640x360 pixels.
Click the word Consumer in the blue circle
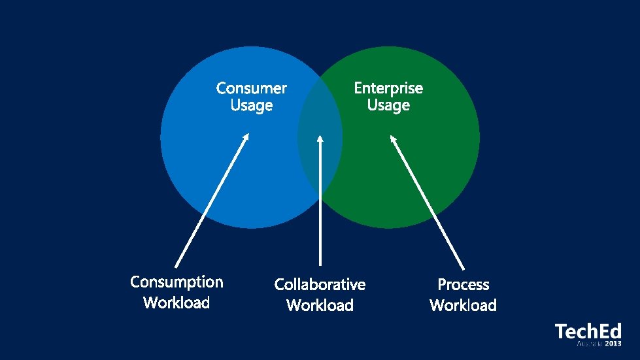(x=251, y=88)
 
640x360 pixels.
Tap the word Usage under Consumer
(x=251, y=105)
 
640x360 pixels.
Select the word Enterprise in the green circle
(x=388, y=88)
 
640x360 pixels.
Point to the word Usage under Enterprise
(x=388, y=105)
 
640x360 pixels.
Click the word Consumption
(x=177, y=282)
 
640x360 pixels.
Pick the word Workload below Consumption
(x=177, y=303)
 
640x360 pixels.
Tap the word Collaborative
(x=320, y=284)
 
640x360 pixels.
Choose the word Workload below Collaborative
(x=320, y=305)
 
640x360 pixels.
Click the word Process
(x=463, y=284)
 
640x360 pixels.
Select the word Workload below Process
(x=463, y=305)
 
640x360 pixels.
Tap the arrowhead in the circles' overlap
(x=320, y=139)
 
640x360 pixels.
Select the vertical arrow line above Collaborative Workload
(x=320, y=209)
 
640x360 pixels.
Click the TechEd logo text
(x=588, y=331)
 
